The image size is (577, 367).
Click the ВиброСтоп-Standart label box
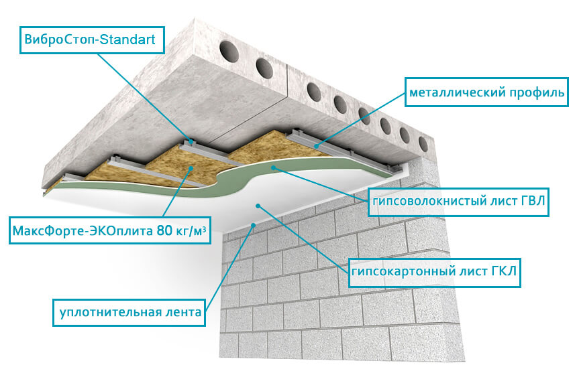[92, 40]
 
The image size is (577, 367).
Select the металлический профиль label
[486, 92]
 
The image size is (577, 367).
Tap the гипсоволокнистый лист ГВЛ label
[458, 202]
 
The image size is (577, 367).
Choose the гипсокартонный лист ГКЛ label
[434, 272]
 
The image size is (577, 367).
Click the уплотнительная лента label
[129, 313]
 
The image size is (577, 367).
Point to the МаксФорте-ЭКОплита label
[109, 230]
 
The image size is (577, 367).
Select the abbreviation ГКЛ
[504, 271]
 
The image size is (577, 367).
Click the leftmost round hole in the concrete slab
[229, 52]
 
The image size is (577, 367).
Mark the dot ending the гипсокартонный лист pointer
[258, 206]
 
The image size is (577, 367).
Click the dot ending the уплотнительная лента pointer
[253, 224]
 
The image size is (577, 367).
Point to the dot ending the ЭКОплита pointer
[191, 167]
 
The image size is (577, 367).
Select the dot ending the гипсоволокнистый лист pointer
[273, 167]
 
